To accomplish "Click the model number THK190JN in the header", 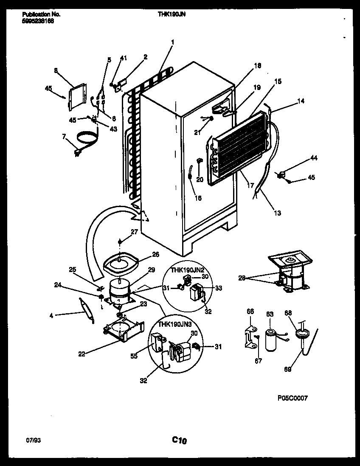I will click(172, 14).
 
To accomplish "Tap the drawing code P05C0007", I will click(292, 398).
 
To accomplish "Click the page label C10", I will click(180, 441).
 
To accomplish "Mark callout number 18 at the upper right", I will click(258, 65).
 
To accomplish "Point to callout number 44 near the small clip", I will click(313, 158).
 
